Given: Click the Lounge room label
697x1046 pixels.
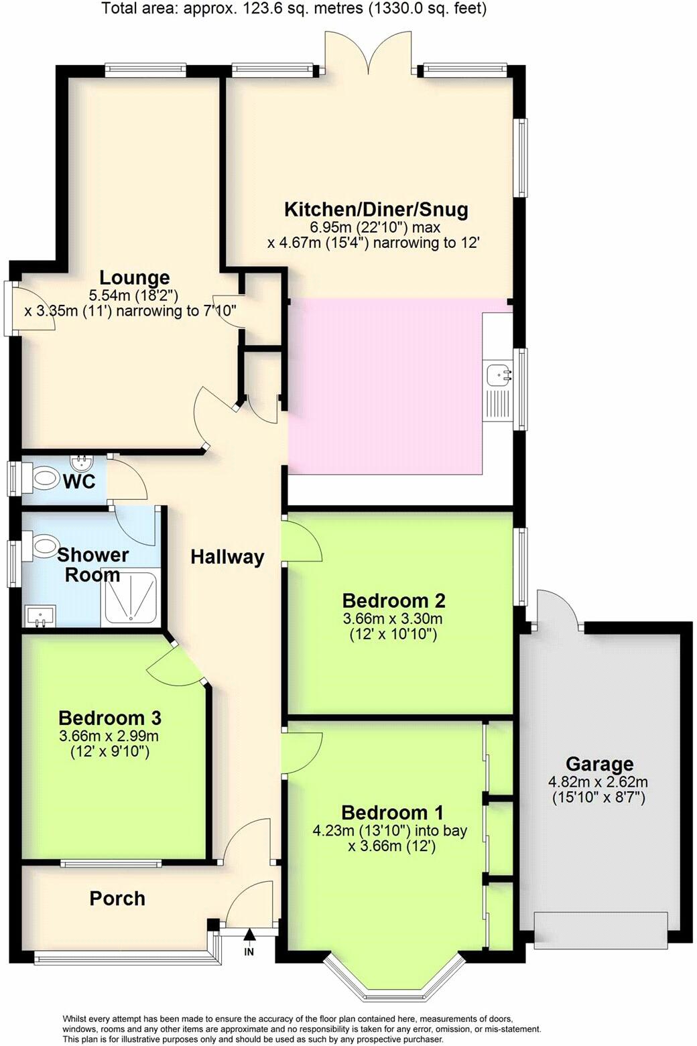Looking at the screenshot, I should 134,278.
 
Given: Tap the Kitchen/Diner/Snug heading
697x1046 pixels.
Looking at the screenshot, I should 376,210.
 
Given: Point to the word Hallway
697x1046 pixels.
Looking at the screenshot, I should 227,557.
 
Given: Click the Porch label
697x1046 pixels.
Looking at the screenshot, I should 117,899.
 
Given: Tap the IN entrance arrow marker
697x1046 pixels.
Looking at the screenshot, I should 249,936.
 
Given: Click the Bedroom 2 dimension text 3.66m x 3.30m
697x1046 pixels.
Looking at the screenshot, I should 393,619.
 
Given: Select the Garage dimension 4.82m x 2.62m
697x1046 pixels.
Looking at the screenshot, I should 598,782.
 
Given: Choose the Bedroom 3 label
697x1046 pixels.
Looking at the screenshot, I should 110,718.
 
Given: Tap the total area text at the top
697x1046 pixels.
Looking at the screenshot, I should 294,9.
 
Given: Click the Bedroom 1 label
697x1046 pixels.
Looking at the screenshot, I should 392,813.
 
